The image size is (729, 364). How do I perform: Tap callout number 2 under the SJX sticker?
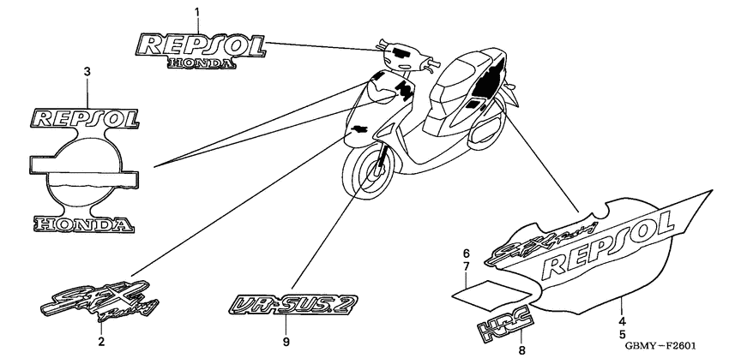(100, 343)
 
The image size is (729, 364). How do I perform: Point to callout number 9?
(286, 342)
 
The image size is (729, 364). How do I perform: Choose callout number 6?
(467, 254)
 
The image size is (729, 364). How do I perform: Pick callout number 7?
(467, 269)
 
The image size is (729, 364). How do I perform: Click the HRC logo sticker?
(506, 322)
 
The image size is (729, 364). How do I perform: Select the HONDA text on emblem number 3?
(83, 225)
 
